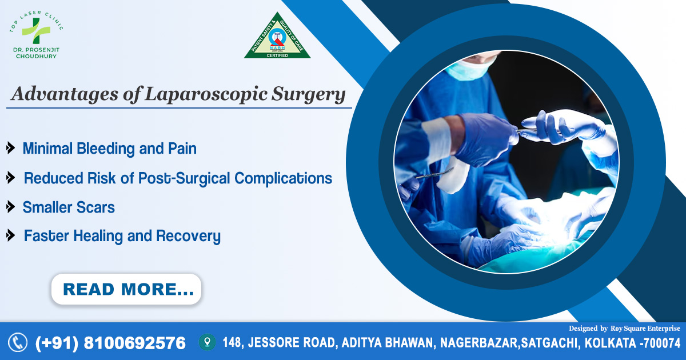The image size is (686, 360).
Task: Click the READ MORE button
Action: coord(126,289)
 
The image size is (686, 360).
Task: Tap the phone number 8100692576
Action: coord(134,343)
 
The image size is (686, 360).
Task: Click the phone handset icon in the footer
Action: coord(18,342)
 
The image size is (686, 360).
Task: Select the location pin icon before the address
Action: coord(206,342)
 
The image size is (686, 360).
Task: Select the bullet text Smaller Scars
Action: coord(69,207)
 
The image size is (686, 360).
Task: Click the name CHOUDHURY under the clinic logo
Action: coord(36,57)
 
